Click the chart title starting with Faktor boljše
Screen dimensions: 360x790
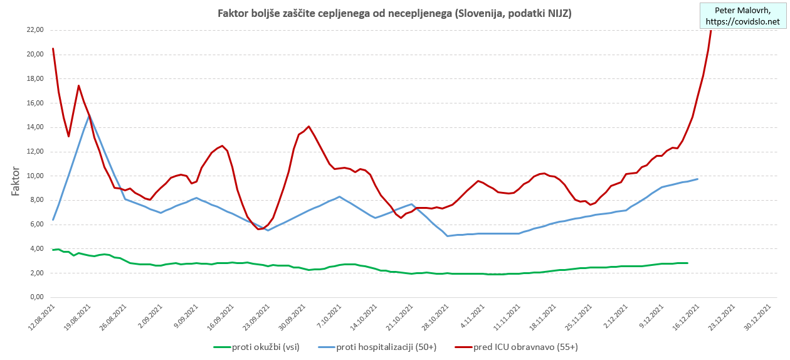point(394,13)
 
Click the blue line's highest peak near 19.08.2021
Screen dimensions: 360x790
point(90,116)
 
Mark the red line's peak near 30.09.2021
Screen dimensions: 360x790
point(309,126)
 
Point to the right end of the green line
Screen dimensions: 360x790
point(687,263)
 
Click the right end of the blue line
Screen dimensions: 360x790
point(697,179)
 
